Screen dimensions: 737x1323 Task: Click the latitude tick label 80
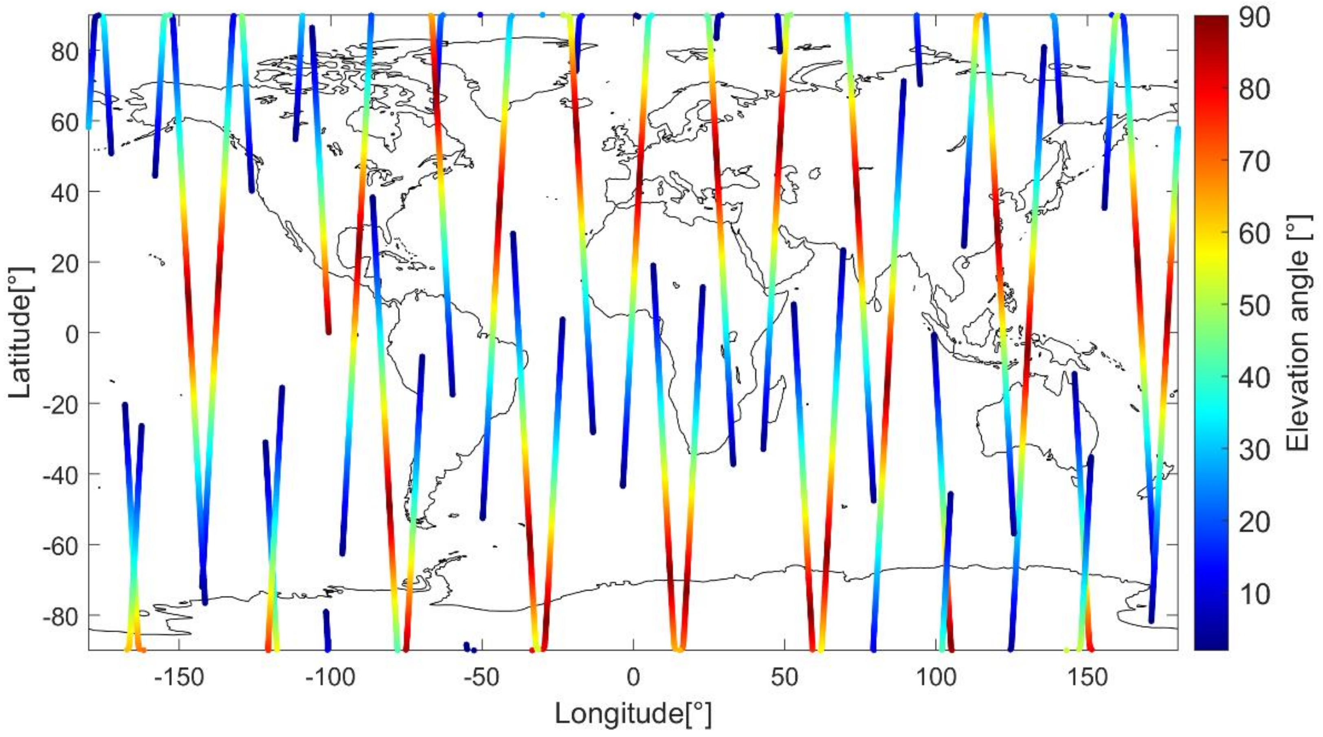[x=65, y=52]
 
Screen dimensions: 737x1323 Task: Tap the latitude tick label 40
[x=65, y=192]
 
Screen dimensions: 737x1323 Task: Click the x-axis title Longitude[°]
[x=633, y=715]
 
